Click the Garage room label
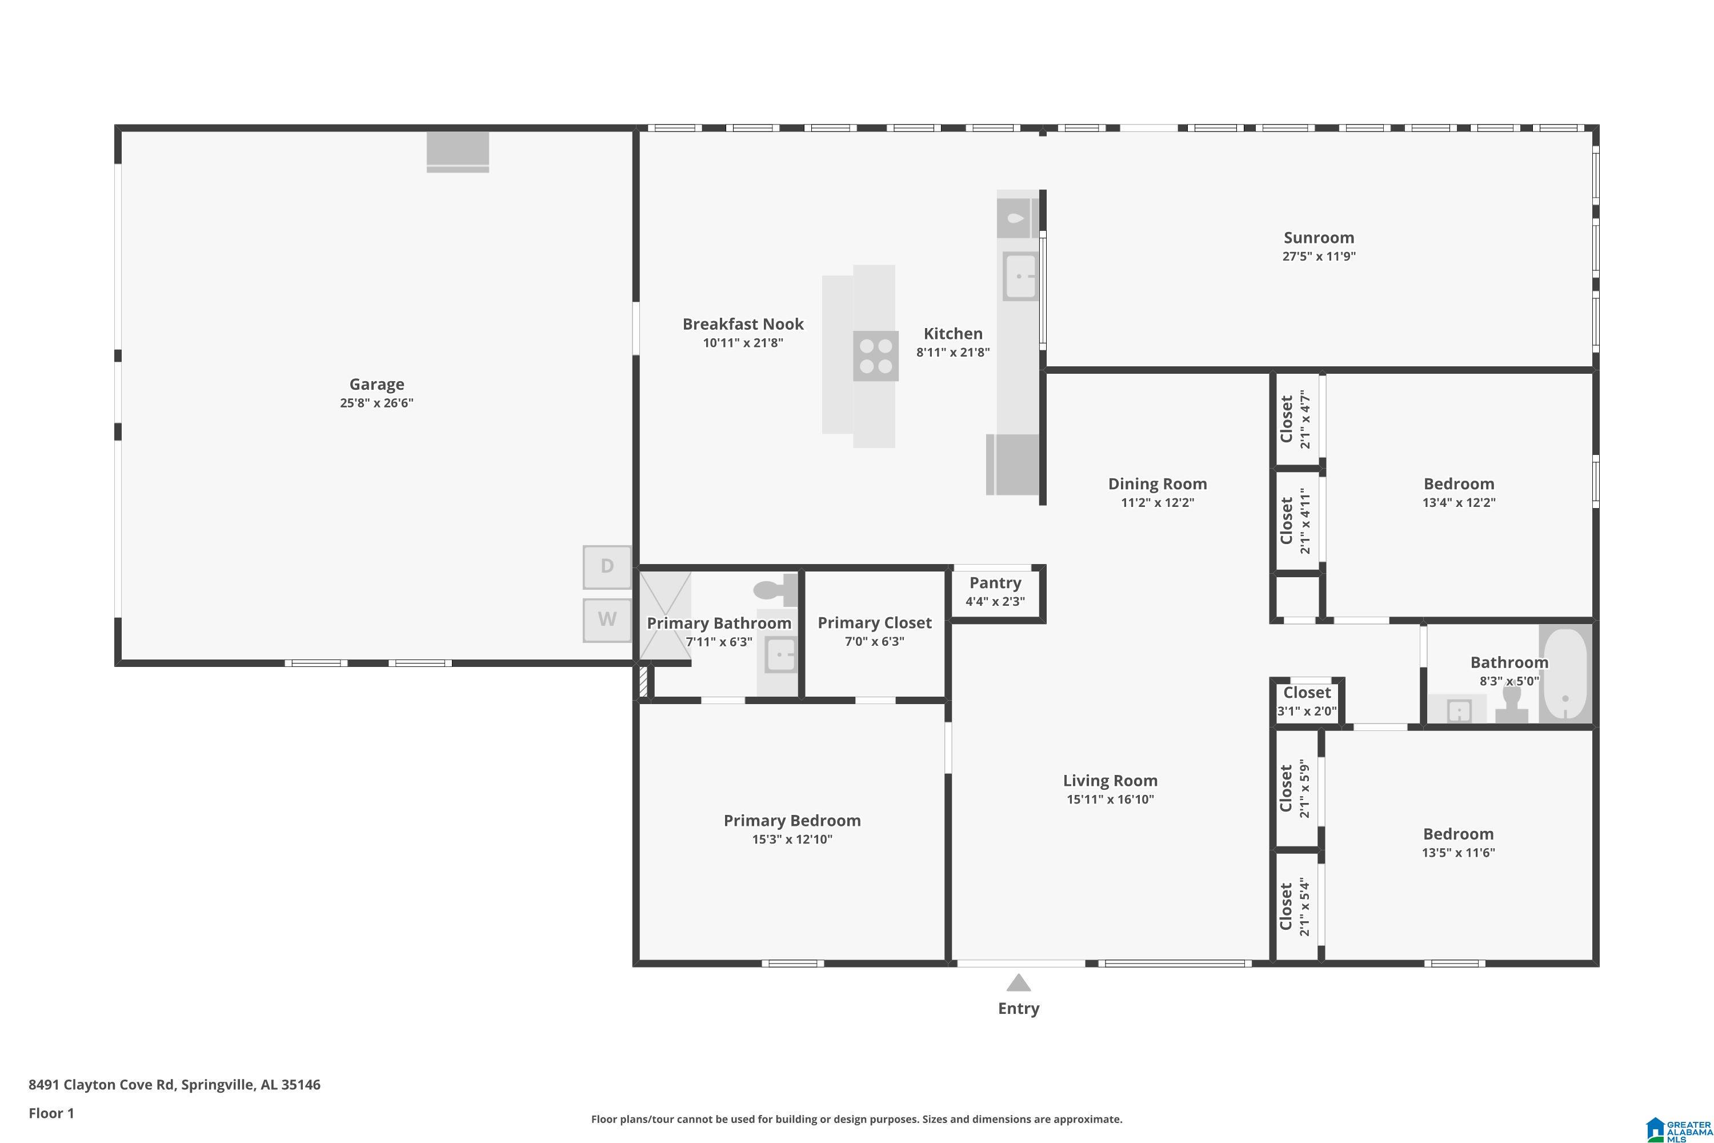(377, 384)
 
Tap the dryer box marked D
(607, 566)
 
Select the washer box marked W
(607, 620)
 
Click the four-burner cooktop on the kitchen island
(876, 355)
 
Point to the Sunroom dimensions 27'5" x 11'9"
(1319, 257)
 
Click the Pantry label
(995, 582)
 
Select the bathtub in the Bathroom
(1565, 674)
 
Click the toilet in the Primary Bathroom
(775, 590)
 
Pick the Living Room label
(1110, 781)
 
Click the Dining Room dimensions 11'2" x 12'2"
(1158, 502)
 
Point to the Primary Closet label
(875, 622)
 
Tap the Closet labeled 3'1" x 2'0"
(1307, 701)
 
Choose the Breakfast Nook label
(743, 323)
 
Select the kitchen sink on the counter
(1021, 275)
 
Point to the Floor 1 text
(51, 1113)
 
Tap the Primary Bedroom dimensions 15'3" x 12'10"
(792, 839)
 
